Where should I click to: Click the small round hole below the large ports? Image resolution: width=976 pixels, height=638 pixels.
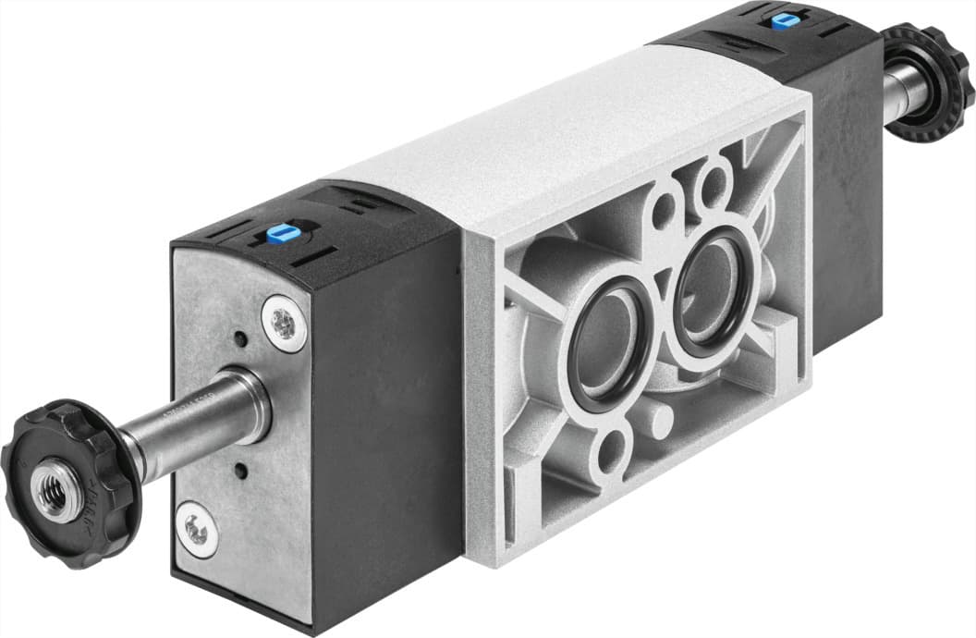pyautogui.click(x=611, y=454)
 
